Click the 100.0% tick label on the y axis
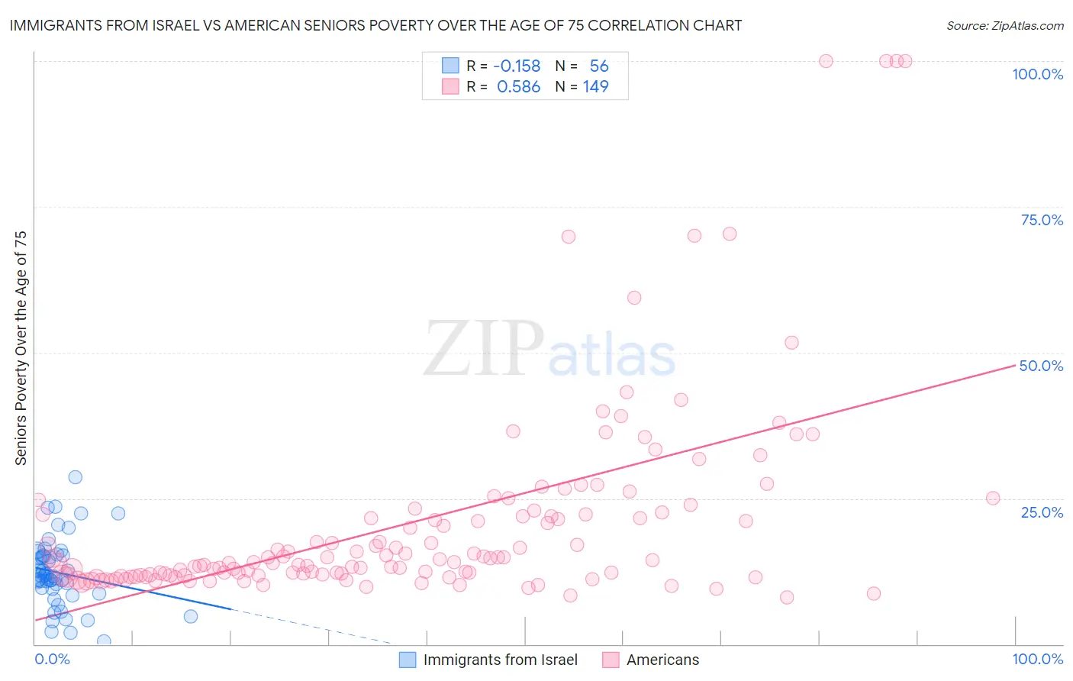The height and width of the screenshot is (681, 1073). point(1037,74)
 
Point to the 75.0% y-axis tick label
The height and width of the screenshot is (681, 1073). point(1042,220)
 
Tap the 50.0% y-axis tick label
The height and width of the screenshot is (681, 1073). point(1041,366)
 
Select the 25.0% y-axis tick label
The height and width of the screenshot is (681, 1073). point(1042,512)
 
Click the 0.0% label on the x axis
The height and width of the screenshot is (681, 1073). point(52,659)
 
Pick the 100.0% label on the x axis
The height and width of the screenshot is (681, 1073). point(1037,659)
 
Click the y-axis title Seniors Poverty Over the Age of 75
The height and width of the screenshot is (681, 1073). point(21,348)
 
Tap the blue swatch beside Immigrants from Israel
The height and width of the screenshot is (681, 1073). point(408,660)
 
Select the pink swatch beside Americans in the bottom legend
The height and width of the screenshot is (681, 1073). point(611,660)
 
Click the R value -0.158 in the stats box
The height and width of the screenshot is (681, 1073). point(517,66)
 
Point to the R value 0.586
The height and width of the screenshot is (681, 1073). point(518,87)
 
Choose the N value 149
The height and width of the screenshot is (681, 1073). point(595,87)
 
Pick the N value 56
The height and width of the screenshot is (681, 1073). point(599,66)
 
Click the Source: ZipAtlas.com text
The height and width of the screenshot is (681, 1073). point(1004,26)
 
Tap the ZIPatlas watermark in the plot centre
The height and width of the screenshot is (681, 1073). point(549,350)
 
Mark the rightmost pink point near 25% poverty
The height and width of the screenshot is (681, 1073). point(993,499)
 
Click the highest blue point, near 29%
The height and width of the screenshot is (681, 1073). point(75,477)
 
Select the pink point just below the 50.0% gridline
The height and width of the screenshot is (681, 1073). point(791,343)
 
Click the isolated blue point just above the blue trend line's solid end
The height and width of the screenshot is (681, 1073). point(191,616)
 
